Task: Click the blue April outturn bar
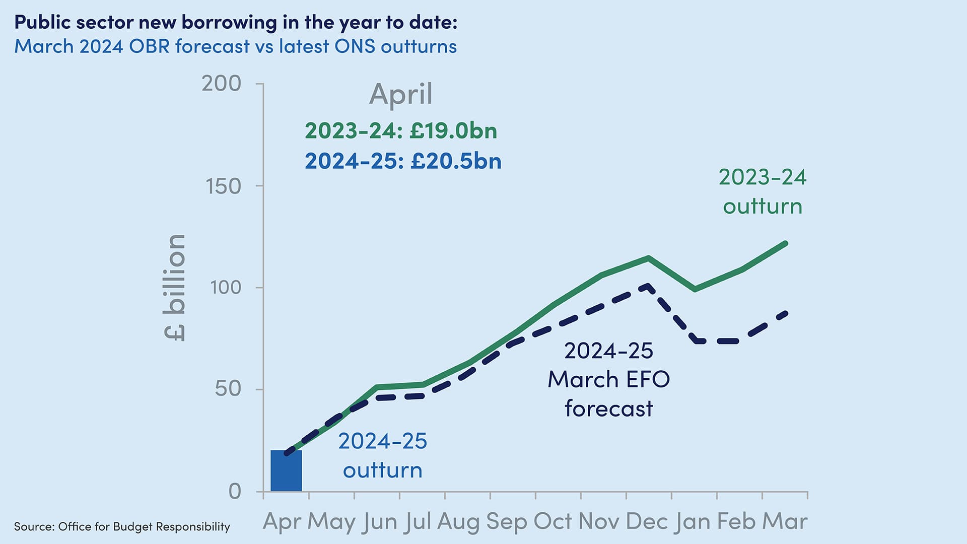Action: click(x=286, y=470)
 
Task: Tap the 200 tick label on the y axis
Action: click(x=222, y=84)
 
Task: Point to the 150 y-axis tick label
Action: click(x=224, y=186)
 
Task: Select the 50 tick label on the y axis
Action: click(x=228, y=389)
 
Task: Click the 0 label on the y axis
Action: click(x=235, y=491)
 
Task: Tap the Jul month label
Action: click(x=417, y=522)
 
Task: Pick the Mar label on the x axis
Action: click(x=785, y=522)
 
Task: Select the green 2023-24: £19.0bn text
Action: click(x=401, y=131)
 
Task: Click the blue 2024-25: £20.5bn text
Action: click(x=403, y=161)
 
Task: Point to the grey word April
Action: click(x=401, y=94)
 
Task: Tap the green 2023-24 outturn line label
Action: click(x=762, y=192)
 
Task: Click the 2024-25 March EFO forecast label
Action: click(x=608, y=379)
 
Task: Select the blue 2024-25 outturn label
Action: click(x=383, y=455)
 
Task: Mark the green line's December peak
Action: click(x=648, y=258)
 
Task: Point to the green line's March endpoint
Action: click(x=786, y=244)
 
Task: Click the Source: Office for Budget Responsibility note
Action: click(x=122, y=527)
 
